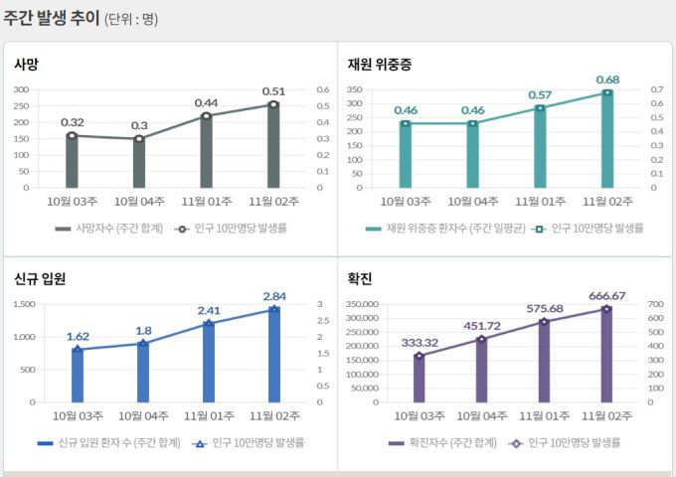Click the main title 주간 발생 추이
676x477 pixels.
tap(52, 18)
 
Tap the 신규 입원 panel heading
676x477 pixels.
tap(40, 278)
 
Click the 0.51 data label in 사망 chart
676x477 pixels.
tap(273, 91)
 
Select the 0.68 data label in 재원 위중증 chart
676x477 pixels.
tap(607, 79)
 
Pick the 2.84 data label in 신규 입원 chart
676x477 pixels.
tap(273, 296)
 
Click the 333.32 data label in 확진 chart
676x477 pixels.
tap(420, 342)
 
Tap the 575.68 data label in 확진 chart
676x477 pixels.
tap(543, 308)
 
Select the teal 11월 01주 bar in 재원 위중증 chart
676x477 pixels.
tap(540, 148)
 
